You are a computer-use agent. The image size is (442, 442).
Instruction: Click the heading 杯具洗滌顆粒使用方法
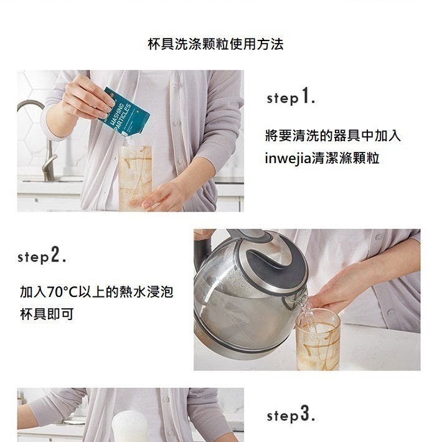point(215,45)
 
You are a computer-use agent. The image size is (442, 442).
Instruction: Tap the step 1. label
point(291,97)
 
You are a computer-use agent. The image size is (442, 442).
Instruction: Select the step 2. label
point(42,256)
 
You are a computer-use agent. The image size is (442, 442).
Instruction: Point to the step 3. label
point(291,415)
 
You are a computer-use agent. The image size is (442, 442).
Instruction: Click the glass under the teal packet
point(135,177)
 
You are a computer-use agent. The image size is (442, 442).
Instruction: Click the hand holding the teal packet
point(87,97)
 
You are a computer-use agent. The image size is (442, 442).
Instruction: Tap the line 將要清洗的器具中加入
point(332,136)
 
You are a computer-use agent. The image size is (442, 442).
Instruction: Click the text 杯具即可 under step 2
point(47,314)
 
